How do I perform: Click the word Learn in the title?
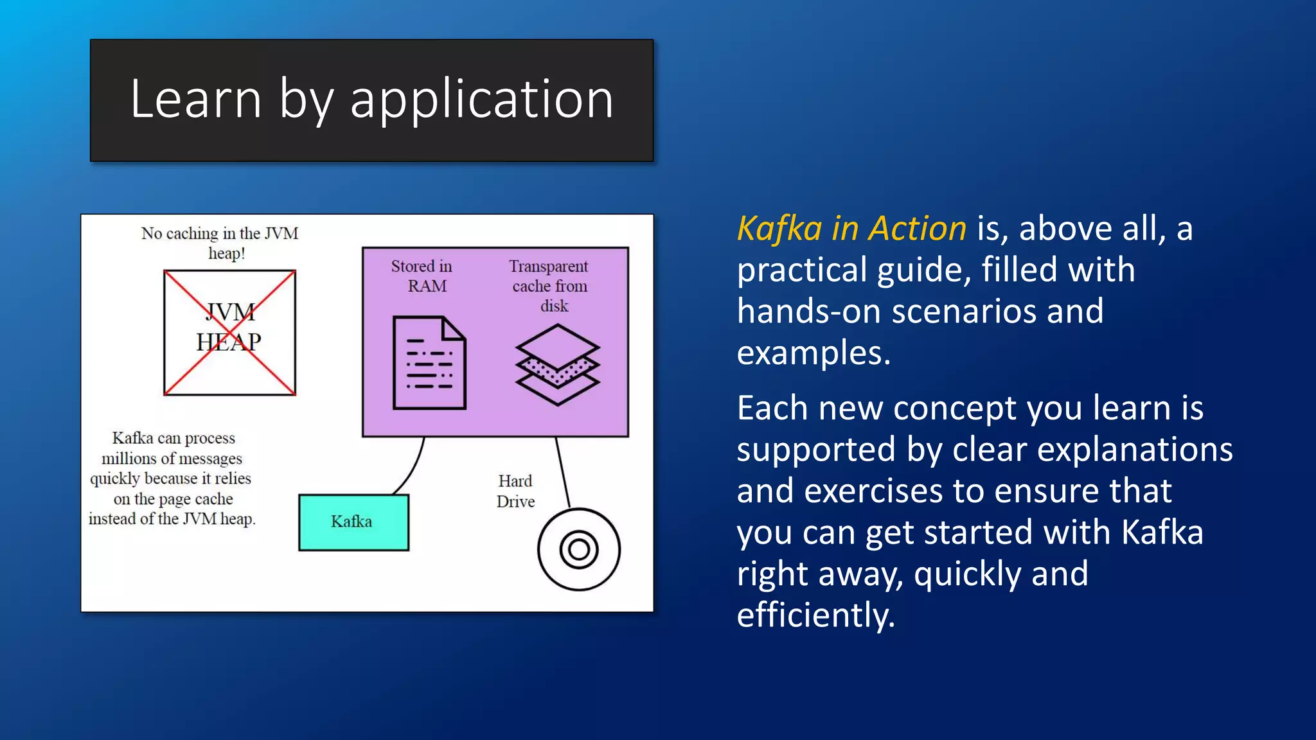pyautogui.click(x=196, y=100)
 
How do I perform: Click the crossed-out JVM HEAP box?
pyautogui.click(x=229, y=332)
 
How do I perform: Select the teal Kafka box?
pyautogui.click(x=353, y=522)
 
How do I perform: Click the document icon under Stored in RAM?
pyautogui.click(x=429, y=363)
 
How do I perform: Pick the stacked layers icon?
pyautogui.click(x=557, y=364)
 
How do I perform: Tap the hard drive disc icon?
pyautogui.click(x=578, y=549)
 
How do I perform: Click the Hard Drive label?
pyautogui.click(x=515, y=491)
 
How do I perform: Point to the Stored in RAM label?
pyautogui.click(x=422, y=276)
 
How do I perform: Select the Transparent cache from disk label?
pyautogui.click(x=549, y=285)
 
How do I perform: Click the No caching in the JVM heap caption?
pyautogui.click(x=220, y=242)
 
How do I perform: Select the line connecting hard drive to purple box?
pyautogui.click(x=562, y=472)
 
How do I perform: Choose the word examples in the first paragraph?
pyautogui.click(x=814, y=353)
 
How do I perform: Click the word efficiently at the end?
pyautogui.click(x=815, y=615)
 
